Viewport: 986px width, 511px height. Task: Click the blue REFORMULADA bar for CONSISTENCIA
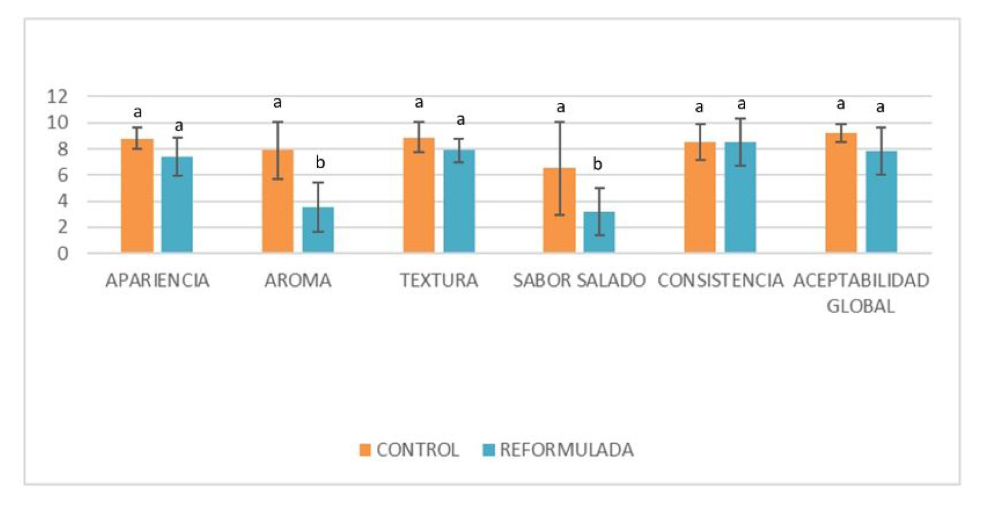click(740, 197)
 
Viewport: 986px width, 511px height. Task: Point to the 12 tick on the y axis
click(57, 97)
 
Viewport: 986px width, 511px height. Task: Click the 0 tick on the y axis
click(62, 253)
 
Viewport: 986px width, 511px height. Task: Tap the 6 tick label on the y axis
click(62, 175)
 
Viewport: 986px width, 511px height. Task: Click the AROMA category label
click(297, 281)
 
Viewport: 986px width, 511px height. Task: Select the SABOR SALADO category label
click(579, 281)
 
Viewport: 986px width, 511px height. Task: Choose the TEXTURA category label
click(438, 281)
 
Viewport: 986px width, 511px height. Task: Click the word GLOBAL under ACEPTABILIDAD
click(860, 306)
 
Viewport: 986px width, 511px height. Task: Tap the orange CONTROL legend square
click(365, 450)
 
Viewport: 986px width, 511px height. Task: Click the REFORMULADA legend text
click(566, 450)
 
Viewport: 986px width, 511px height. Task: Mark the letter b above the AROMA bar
click(320, 163)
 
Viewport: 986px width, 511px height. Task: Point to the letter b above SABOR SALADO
click(597, 165)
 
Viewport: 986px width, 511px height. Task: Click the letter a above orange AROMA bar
click(277, 103)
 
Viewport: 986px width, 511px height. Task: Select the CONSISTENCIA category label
click(721, 281)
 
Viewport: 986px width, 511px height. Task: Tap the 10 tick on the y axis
click(57, 123)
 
